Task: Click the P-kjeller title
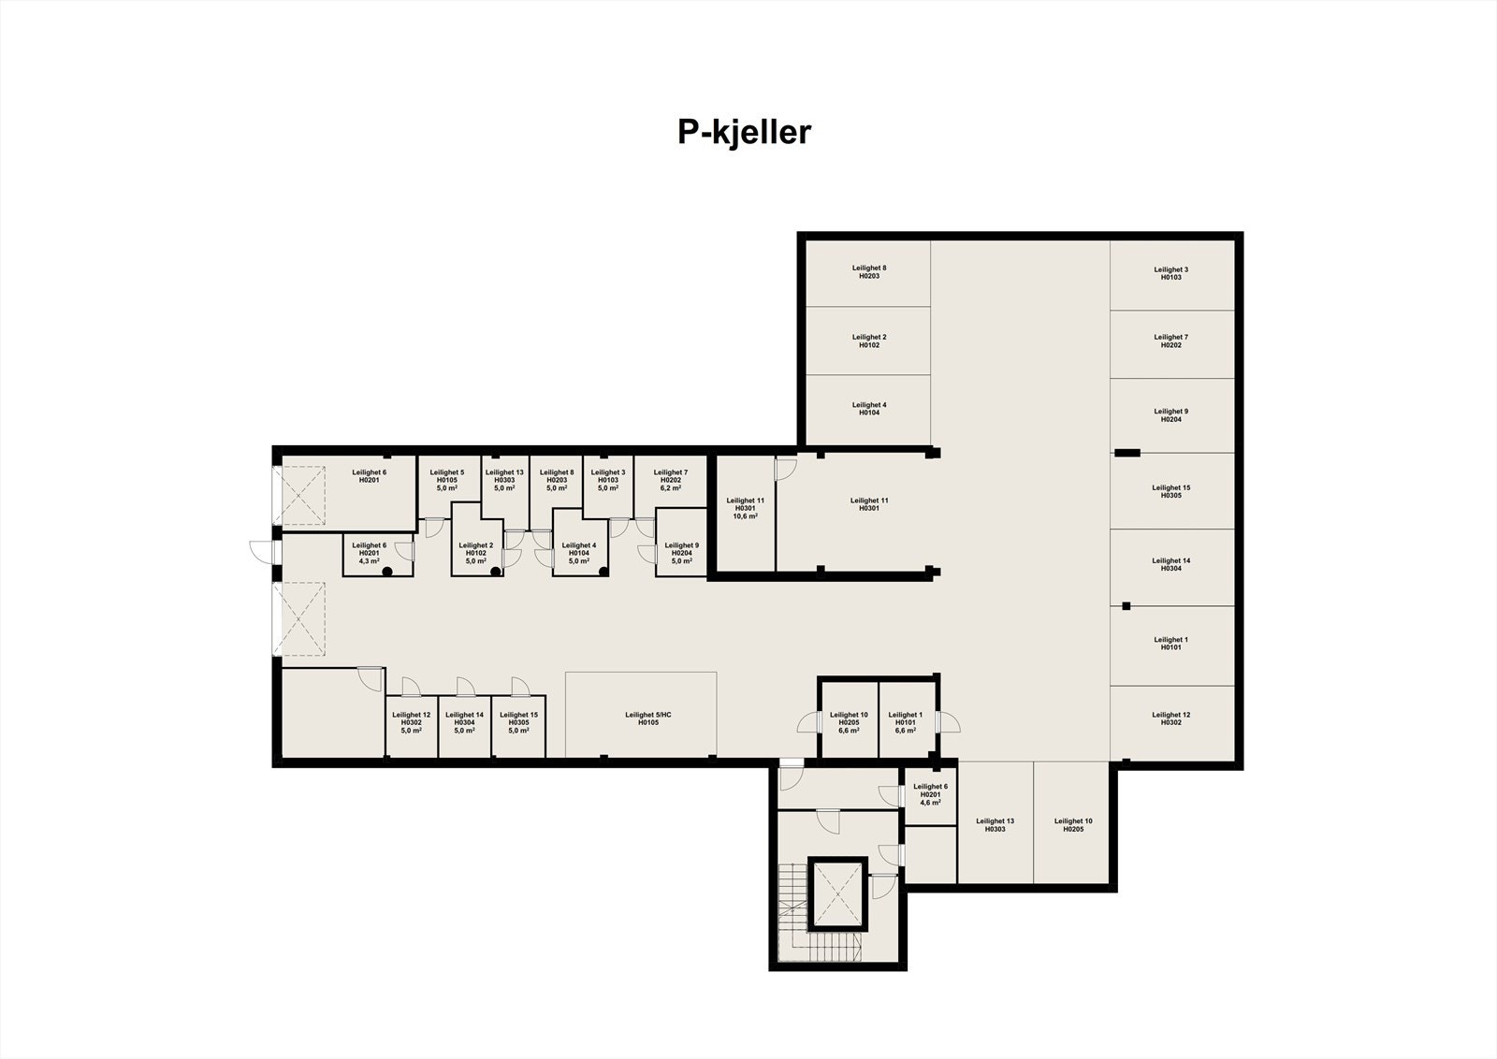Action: (x=744, y=133)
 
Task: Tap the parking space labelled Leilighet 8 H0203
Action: (x=868, y=272)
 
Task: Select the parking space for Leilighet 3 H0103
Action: (x=1171, y=273)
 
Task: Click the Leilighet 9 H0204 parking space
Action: (x=1171, y=415)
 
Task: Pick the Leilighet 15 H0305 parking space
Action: (x=1171, y=491)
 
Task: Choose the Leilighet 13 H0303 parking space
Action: (x=995, y=823)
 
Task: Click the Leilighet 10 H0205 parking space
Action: (x=1072, y=823)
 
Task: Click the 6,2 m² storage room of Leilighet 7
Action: (x=670, y=481)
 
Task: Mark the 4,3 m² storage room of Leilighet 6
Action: (x=372, y=554)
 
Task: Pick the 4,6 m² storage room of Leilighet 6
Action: (x=929, y=795)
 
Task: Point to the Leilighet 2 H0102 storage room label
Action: (x=475, y=549)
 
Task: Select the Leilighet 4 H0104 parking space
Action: (x=868, y=409)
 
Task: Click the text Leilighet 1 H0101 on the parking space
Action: (x=1171, y=643)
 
